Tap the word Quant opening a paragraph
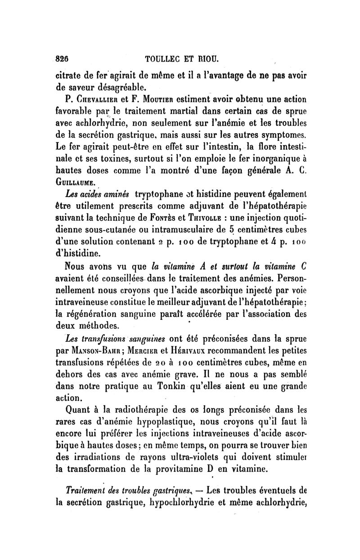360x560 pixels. (x=80, y=410)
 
